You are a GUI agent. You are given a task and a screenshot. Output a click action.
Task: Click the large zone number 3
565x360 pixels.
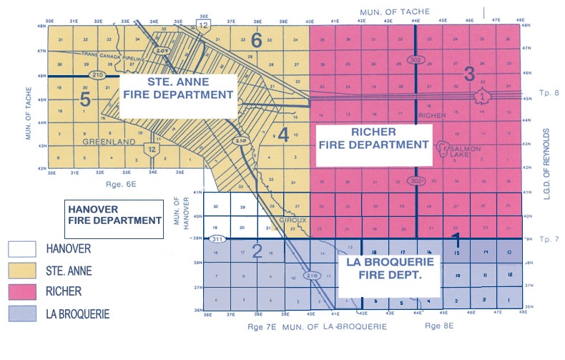click(x=469, y=72)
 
